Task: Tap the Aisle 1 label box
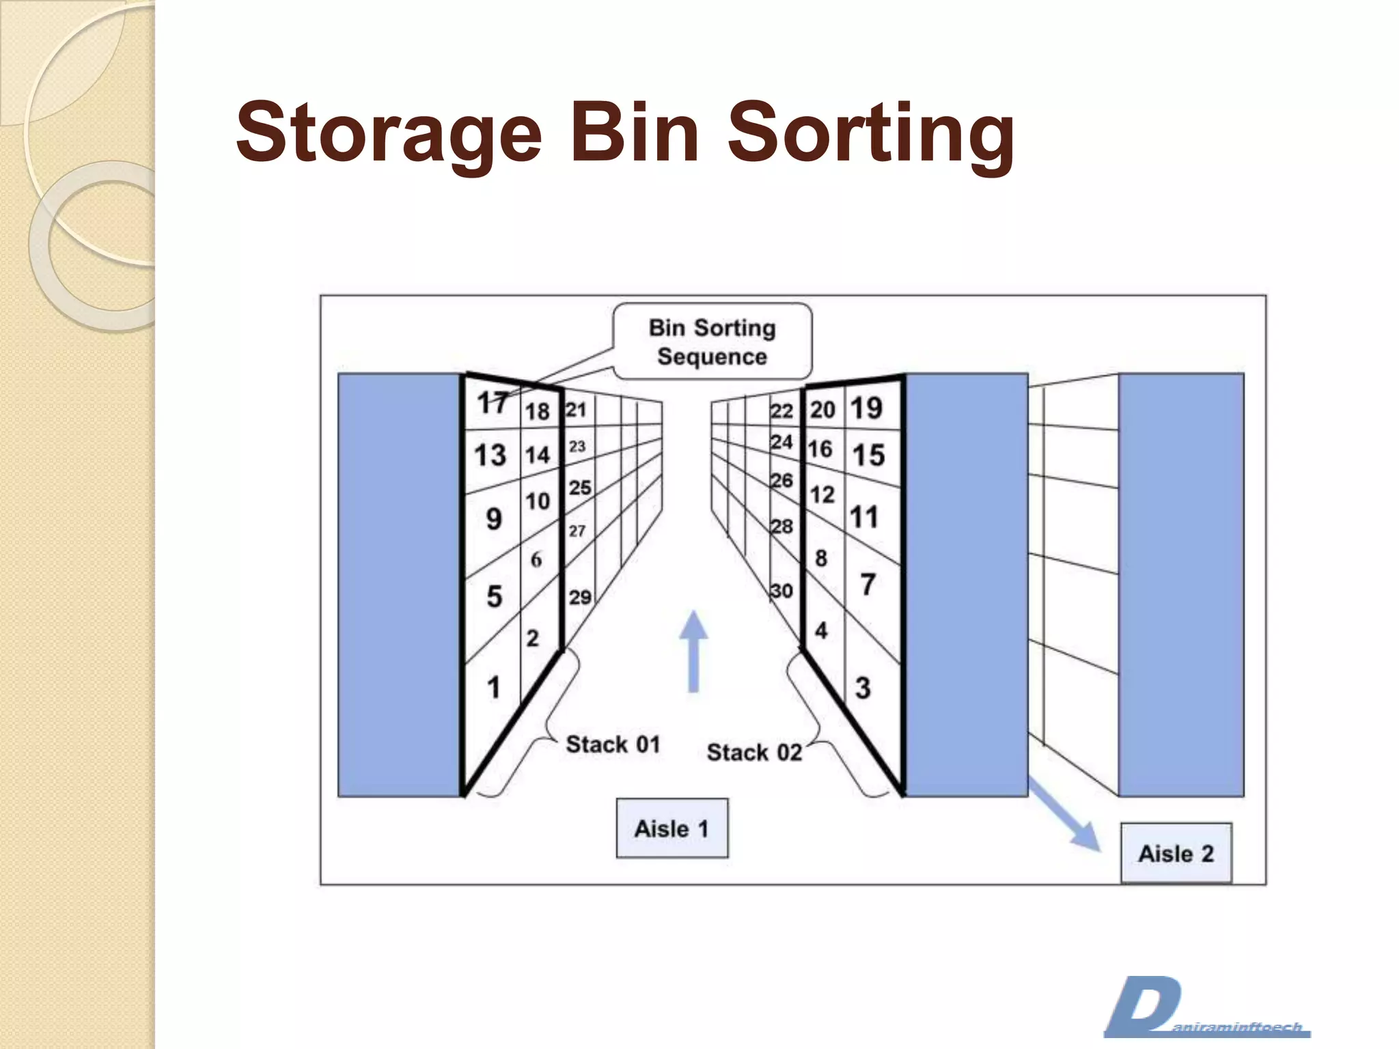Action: (x=671, y=828)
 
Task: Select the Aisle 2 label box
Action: (x=1176, y=853)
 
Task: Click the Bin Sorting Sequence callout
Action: (x=712, y=341)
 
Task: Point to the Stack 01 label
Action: (x=613, y=744)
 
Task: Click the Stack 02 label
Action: (x=754, y=752)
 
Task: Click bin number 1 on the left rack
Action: (x=493, y=687)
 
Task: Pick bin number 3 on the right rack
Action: (x=863, y=688)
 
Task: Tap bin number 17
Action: (x=492, y=403)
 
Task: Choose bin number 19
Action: (x=866, y=408)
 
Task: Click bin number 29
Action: (x=580, y=598)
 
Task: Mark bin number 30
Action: (x=781, y=591)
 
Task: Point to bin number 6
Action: (x=536, y=560)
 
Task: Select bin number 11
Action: (x=864, y=517)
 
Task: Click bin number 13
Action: (x=490, y=456)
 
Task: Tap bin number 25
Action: (x=580, y=488)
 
